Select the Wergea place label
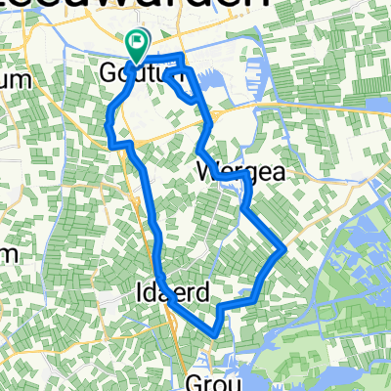tap(240, 172)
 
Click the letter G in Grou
tap(194, 379)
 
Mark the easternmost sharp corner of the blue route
tap(284, 248)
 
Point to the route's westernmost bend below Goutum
tap(107, 121)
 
